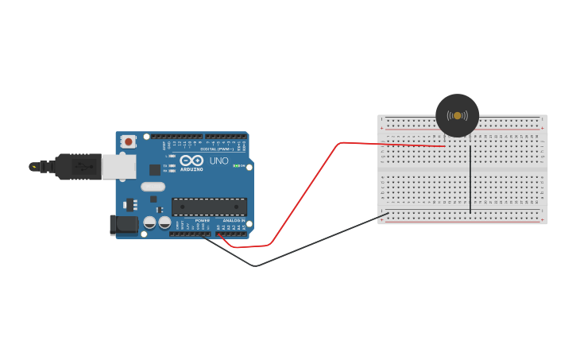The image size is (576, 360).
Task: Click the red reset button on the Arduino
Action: tap(128, 141)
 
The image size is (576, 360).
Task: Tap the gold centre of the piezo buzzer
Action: tap(458, 116)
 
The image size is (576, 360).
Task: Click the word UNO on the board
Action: tap(218, 161)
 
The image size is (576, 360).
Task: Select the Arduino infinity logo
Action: tap(191, 160)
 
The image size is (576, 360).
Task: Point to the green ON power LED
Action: tap(236, 165)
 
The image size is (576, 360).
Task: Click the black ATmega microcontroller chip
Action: tap(209, 207)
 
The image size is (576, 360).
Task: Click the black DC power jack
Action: tap(123, 225)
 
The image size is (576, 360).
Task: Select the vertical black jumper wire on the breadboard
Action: tap(470, 179)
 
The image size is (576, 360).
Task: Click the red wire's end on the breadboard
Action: tap(443, 146)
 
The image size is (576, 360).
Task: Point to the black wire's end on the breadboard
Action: tap(387, 213)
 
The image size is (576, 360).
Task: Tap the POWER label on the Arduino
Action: tap(203, 220)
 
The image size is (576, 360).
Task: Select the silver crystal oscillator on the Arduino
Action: tap(153, 187)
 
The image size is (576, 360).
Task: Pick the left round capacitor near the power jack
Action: tap(150, 223)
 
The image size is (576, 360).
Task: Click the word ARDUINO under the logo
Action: tap(191, 168)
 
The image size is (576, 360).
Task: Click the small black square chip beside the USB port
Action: tap(154, 169)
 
